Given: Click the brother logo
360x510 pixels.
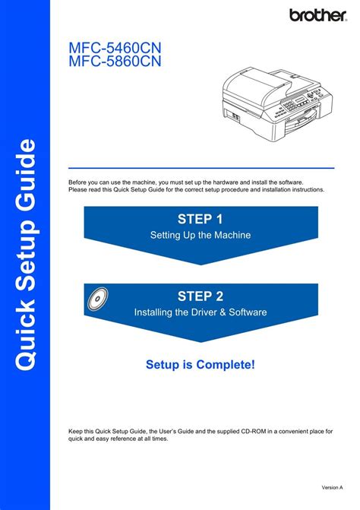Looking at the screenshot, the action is coord(318,15).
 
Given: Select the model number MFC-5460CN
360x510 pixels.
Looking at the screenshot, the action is coord(115,48).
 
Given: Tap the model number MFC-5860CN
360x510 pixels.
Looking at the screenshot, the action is coord(115,61).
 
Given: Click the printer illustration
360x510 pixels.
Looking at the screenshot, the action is coord(277,105).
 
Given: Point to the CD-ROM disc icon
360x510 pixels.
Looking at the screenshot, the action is coord(98,298).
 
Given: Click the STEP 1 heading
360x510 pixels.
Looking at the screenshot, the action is coord(201,219).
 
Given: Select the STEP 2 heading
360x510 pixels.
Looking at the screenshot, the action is coord(201,296).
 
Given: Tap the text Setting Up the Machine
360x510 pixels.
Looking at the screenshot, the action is coord(201,235).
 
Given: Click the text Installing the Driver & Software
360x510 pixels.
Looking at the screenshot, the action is coord(201,312).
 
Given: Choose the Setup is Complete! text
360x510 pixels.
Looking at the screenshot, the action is coord(201,365).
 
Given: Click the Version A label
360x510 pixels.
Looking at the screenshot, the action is coord(332,487).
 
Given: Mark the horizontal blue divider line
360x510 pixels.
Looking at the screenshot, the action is coord(201,168).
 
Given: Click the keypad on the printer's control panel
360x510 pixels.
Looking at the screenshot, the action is coord(288,105).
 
